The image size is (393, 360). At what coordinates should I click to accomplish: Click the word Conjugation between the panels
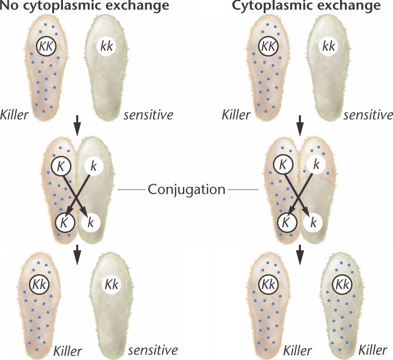click(x=188, y=189)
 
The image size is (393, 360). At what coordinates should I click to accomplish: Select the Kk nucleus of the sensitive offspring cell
click(x=112, y=284)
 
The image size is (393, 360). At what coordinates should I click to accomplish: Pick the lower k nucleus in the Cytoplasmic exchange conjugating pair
click(x=314, y=222)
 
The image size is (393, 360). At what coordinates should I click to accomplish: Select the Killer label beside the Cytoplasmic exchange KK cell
click(x=239, y=115)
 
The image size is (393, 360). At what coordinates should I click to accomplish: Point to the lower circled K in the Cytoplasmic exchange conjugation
click(x=285, y=222)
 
